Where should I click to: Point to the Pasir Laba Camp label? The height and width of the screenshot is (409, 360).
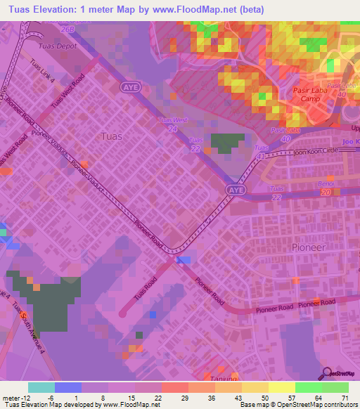[305, 96]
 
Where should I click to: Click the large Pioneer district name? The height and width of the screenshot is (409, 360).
[308, 247]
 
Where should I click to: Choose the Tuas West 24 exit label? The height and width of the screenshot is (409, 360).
[173, 124]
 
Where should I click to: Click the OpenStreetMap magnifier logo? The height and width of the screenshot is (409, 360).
[326, 373]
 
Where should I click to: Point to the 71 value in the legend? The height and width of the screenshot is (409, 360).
[345, 398]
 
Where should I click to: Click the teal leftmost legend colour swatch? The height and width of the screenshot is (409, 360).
[41, 387]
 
